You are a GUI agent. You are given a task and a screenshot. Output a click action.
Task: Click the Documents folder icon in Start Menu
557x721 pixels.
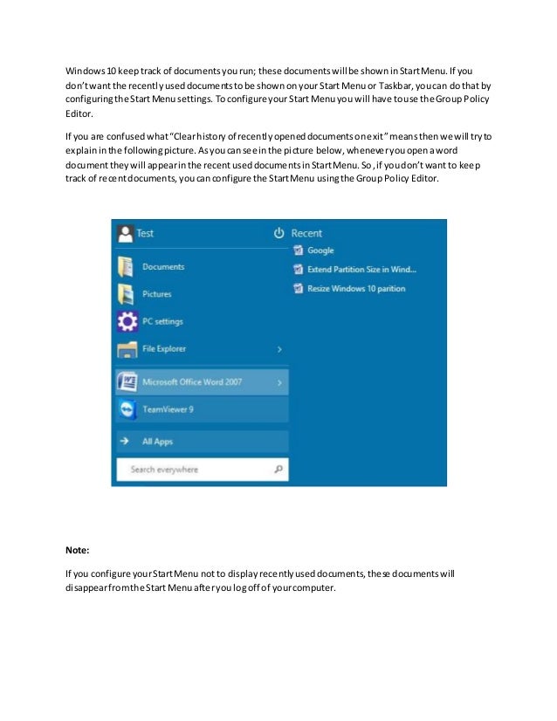click(x=126, y=267)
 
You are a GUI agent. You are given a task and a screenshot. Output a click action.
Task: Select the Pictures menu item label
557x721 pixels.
click(x=157, y=294)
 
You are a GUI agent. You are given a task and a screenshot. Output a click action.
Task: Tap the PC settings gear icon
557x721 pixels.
click(x=126, y=321)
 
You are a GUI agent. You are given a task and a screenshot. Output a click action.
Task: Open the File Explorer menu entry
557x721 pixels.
click(x=164, y=349)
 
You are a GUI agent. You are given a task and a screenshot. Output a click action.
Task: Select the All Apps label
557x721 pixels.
click(x=157, y=442)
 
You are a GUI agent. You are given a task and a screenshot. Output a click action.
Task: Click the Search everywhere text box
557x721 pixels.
click(x=192, y=470)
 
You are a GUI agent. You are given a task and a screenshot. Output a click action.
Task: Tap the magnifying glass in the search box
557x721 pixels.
click(x=278, y=470)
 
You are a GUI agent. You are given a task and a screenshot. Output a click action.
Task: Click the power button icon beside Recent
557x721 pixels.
click(x=278, y=233)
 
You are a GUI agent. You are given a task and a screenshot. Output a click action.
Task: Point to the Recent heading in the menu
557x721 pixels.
click(x=306, y=233)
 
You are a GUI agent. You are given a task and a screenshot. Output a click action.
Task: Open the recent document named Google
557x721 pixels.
click(x=320, y=251)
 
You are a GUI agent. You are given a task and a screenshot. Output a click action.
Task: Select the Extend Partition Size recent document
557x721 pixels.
click(x=361, y=270)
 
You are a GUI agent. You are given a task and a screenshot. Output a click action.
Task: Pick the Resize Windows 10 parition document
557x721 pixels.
click(x=356, y=289)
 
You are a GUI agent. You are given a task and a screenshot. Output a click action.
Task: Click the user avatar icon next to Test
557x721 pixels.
click(x=125, y=233)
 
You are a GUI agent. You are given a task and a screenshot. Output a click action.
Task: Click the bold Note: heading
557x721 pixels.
click(x=78, y=551)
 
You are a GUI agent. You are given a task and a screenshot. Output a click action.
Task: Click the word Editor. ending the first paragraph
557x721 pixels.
click(x=79, y=113)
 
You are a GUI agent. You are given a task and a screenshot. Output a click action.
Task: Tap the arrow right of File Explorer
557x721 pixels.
click(x=279, y=349)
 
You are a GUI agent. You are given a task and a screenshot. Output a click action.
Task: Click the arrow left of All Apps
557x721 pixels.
click(x=125, y=442)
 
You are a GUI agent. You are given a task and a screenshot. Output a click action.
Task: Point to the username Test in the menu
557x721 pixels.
click(x=145, y=233)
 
